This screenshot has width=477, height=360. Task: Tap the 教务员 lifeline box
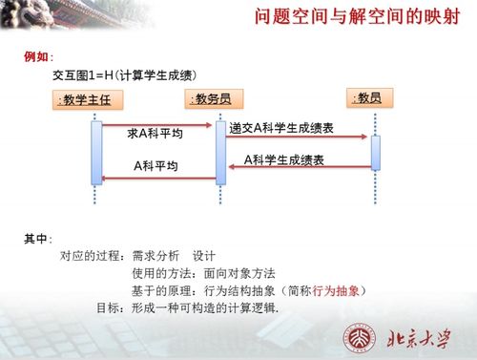click(218, 98)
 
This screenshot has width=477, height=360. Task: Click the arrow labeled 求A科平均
click(157, 124)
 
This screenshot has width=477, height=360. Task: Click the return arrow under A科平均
click(157, 176)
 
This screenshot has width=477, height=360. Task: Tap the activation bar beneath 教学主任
click(96, 149)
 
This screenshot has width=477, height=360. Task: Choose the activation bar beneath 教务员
click(220, 149)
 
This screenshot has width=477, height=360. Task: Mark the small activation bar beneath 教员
click(375, 153)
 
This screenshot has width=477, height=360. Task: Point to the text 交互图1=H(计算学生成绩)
click(125, 74)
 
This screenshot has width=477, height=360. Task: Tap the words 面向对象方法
click(217, 273)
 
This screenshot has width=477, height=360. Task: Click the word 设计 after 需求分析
click(205, 256)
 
